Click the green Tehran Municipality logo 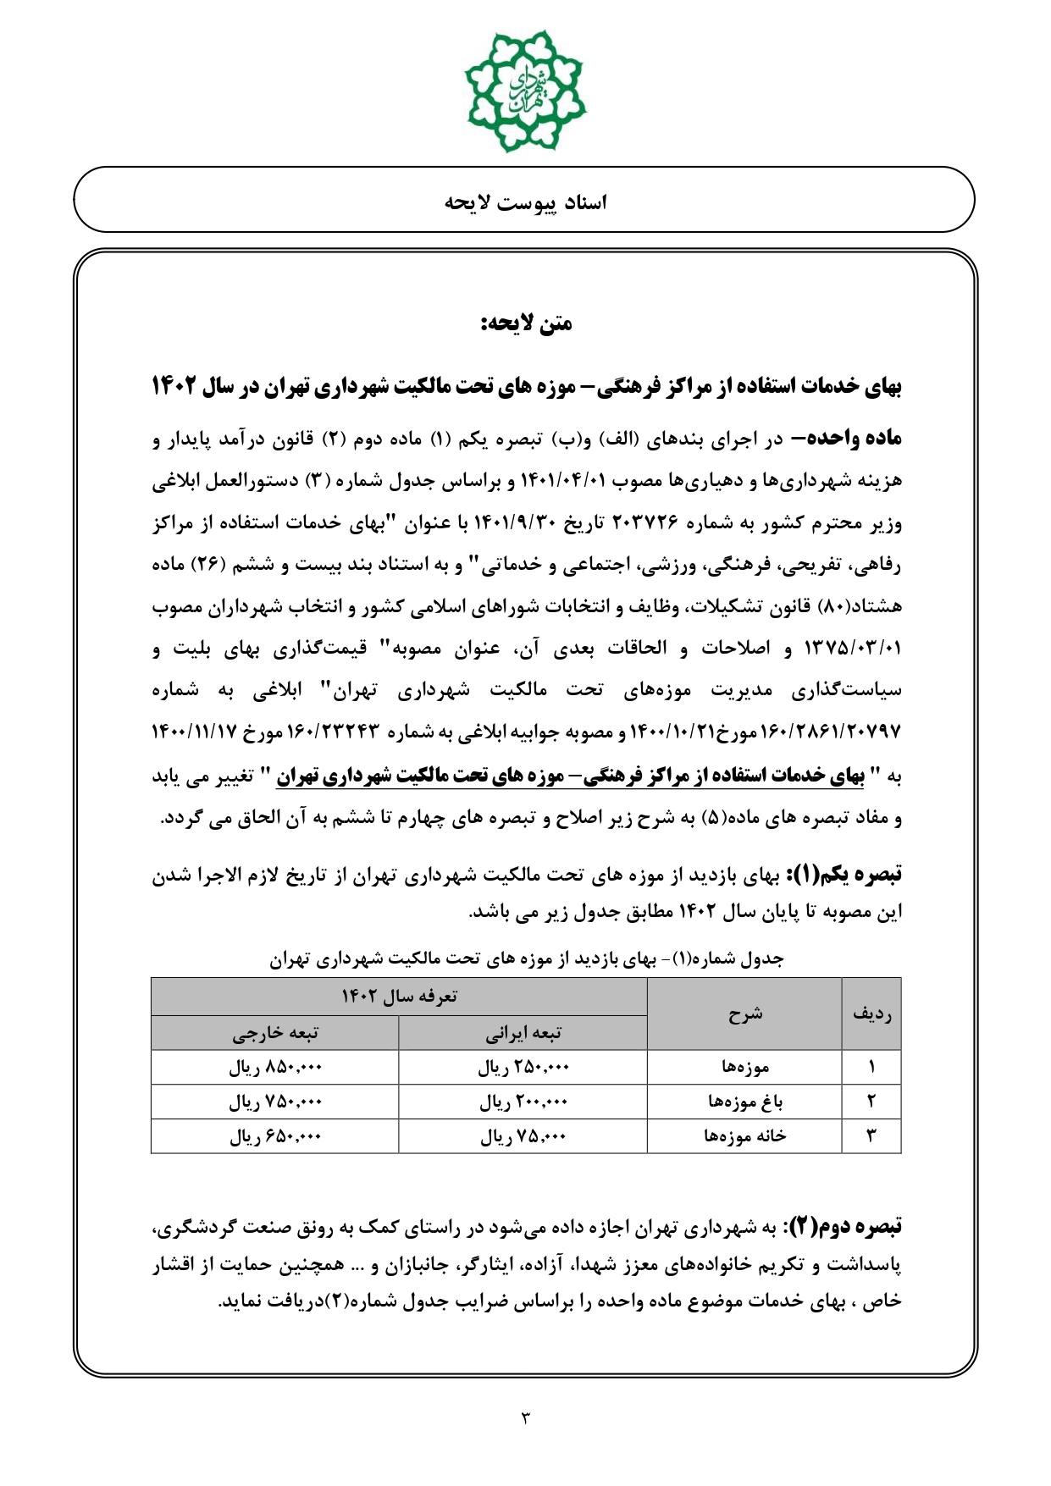point(525,91)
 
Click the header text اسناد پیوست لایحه point(525,202)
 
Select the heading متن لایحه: point(526,323)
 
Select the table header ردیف point(871,1014)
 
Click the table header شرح point(744,1014)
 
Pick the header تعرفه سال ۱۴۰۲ point(399,997)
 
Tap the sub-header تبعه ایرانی point(523,1033)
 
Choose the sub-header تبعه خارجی point(275,1033)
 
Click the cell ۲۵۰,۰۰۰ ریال point(523,1068)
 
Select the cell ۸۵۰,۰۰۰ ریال point(275,1068)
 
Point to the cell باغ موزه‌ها point(744,1102)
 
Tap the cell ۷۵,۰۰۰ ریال point(523,1136)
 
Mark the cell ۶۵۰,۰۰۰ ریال point(275,1136)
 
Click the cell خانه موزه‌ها point(744,1136)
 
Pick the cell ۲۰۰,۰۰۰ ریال point(523,1102)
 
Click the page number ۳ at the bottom point(525,1417)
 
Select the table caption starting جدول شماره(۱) point(526,958)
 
